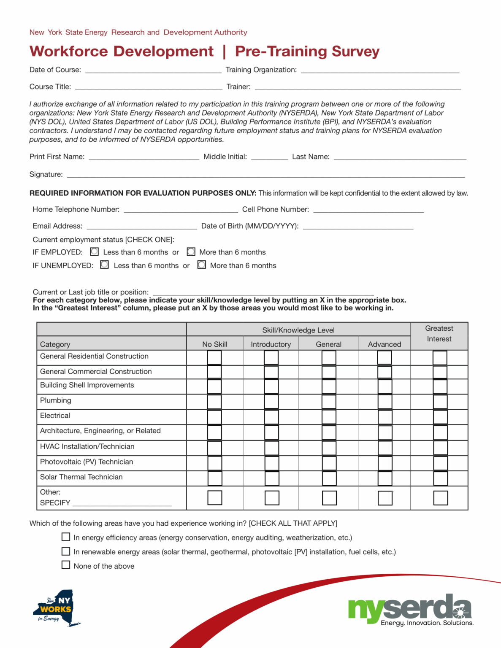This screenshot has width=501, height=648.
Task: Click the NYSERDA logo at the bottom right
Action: coord(410,610)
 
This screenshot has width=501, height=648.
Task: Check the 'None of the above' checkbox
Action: coord(66,565)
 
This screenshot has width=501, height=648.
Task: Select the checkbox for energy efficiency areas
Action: coord(66,537)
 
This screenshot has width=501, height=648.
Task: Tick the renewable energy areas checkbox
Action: coord(66,551)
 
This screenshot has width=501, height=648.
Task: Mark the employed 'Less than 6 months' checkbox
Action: coord(95,252)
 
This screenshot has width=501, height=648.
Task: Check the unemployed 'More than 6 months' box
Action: coord(202,265)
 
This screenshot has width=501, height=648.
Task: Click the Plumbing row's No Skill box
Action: coord(214,402)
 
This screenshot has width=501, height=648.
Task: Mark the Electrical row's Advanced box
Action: coord(385,417)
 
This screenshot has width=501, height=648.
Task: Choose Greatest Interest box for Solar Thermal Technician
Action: coord(440,478)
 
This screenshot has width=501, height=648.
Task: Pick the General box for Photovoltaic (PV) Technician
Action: coord(329,463)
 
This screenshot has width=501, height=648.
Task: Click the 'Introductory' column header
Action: coord(271,344)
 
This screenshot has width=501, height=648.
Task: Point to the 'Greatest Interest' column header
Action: coord(439,334)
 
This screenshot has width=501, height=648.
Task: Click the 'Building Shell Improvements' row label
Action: coord(87,385)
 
